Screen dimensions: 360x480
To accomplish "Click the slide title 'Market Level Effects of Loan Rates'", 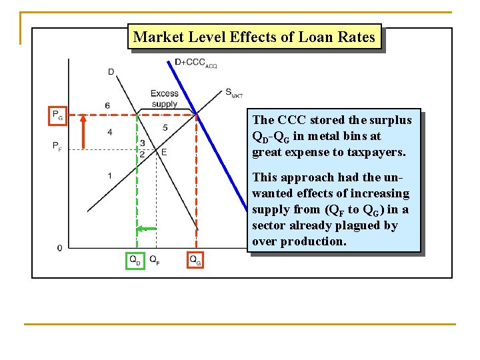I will [x=254, y=37].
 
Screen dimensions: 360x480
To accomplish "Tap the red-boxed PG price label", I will [x=58, y=115].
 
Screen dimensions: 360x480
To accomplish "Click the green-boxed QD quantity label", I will [x=135, y=260].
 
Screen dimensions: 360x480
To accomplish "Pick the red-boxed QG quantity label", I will [x=195, y=260].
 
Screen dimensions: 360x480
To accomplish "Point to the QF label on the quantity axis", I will [x=154, y=260].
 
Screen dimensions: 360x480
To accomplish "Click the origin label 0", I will [x=60, y=248].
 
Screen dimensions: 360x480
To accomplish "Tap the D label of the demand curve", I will [x=111, y=71].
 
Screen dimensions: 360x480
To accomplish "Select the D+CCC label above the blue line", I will [x=195, y=63].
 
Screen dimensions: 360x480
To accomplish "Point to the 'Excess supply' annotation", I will [x=164, y=99].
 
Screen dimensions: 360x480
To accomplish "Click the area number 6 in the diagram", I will [x=107, y=106].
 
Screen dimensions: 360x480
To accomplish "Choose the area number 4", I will [x=110, y=132].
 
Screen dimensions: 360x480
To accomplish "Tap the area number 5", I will [x=165, y=127].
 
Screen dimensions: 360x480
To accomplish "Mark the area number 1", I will [x=110, y=175].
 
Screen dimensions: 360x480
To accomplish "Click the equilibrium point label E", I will [x=163, y=152].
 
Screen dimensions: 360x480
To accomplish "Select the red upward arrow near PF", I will [x=83, y=130].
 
